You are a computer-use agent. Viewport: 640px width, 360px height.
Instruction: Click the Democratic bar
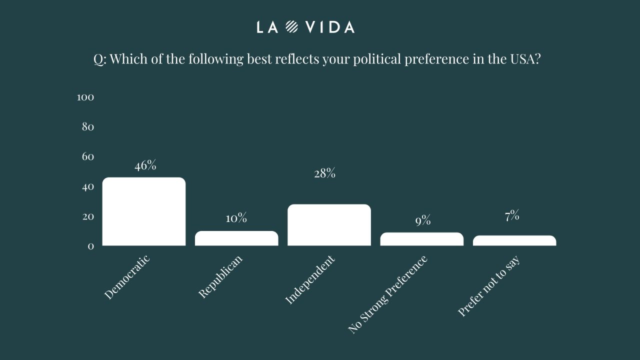pyautogui.click(x=144, y=211)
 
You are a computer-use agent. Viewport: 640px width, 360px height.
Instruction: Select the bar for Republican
pyautogui.click(x=236, y=238)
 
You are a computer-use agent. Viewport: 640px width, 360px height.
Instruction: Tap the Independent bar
pyautogui.click(x=329, y=225)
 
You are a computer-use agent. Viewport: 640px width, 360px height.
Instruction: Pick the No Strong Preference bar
pyautogui.click(x=421, y=239)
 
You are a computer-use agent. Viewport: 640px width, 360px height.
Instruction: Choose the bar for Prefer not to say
pyautogui.click(x=514, y=240)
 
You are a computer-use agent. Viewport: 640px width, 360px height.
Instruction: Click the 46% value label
pyautogui.click(x=145, y=166)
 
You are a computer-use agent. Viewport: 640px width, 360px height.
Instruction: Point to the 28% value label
pyautogui.click(x=324, y=174)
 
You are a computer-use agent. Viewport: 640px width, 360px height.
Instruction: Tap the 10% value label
pyautogui.click(x=236, y=218)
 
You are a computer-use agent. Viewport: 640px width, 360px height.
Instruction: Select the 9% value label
pyautogui.click(x=422, y=220)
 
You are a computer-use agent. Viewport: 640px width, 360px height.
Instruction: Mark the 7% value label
pyautogui.click(x=511, y=216)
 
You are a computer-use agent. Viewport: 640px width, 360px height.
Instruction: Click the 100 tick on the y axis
pyautogui.click(x=85, y=97)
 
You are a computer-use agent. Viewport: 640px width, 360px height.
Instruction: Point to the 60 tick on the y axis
pyautogui.click(x=87, y=157)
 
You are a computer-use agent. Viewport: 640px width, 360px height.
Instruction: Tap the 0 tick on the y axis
pyautogui.click(x=90, y=246)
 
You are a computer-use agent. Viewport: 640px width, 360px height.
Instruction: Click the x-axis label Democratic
pyautogui.click(x=127, y=277)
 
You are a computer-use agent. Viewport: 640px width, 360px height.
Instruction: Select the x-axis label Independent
pyautogui.click(x=309, y=279)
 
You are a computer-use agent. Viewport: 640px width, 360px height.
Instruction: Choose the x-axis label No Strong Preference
pyautogui.click(x=387, y=294)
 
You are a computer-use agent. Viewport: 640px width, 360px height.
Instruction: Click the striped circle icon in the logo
pyautogui.click(x=292, y=27)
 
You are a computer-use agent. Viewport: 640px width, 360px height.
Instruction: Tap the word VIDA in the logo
pyautogui.click(x=330, y=27)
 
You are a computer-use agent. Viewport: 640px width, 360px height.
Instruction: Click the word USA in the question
pyautogui.click(x=526, y=59)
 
